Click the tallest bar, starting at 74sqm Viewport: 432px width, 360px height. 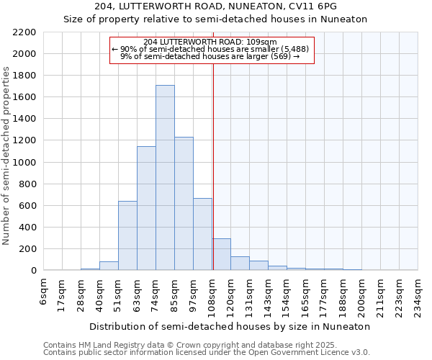165,178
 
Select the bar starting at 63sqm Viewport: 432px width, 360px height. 146,208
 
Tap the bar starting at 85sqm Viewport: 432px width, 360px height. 184,204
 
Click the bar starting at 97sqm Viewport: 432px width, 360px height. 202,234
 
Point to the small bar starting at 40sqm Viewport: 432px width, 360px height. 109,266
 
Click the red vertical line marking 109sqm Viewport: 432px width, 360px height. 213,166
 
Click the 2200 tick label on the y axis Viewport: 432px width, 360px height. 24,32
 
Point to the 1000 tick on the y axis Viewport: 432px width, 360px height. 24,163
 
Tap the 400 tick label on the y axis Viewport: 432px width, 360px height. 27,228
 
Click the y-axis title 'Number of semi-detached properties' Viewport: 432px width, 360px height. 6,156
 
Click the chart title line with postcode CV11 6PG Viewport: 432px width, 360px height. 225,6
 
